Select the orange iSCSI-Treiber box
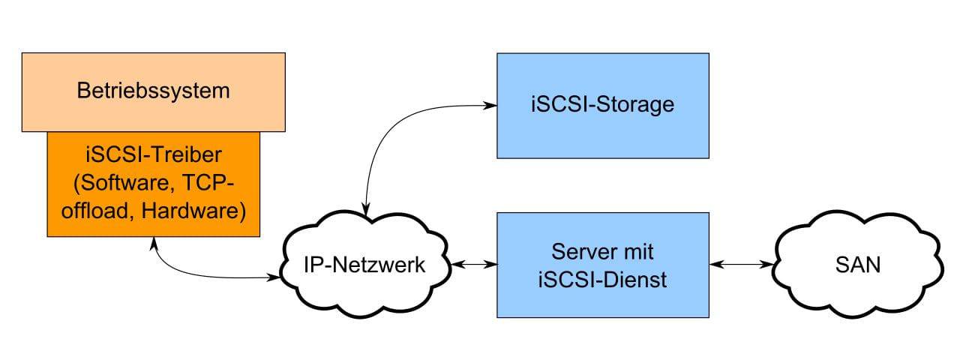point(153,184)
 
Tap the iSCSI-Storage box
point(602,105)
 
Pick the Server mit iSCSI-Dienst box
point(602,265)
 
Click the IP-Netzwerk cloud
point(365,265)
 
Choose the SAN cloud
point(856,265)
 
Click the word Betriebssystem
point(153,91)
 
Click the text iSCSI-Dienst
point(602,280)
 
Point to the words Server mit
point(602,250)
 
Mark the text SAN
point(856,265)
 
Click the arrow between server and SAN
point(742,265)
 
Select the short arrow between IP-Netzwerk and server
point(473,265)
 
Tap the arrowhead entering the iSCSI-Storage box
point(491,106)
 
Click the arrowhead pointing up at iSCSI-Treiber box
point(154,242)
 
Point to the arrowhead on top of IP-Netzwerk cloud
point(365,212)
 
